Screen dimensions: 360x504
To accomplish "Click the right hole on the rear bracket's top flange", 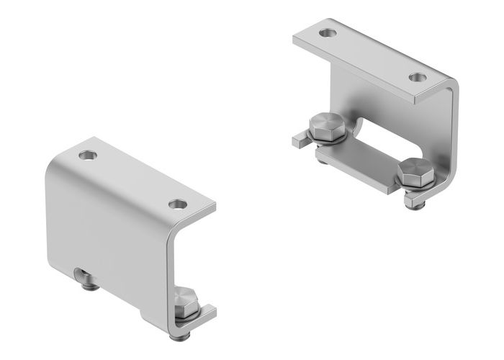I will coord(416,76).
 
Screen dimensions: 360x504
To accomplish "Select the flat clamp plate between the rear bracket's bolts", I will coord(357,166).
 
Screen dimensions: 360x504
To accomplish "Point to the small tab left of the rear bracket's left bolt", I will coord(298,136).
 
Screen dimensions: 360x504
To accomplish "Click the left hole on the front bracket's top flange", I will coord(88,154).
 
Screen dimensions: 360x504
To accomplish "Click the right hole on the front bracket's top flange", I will coord(176,204).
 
